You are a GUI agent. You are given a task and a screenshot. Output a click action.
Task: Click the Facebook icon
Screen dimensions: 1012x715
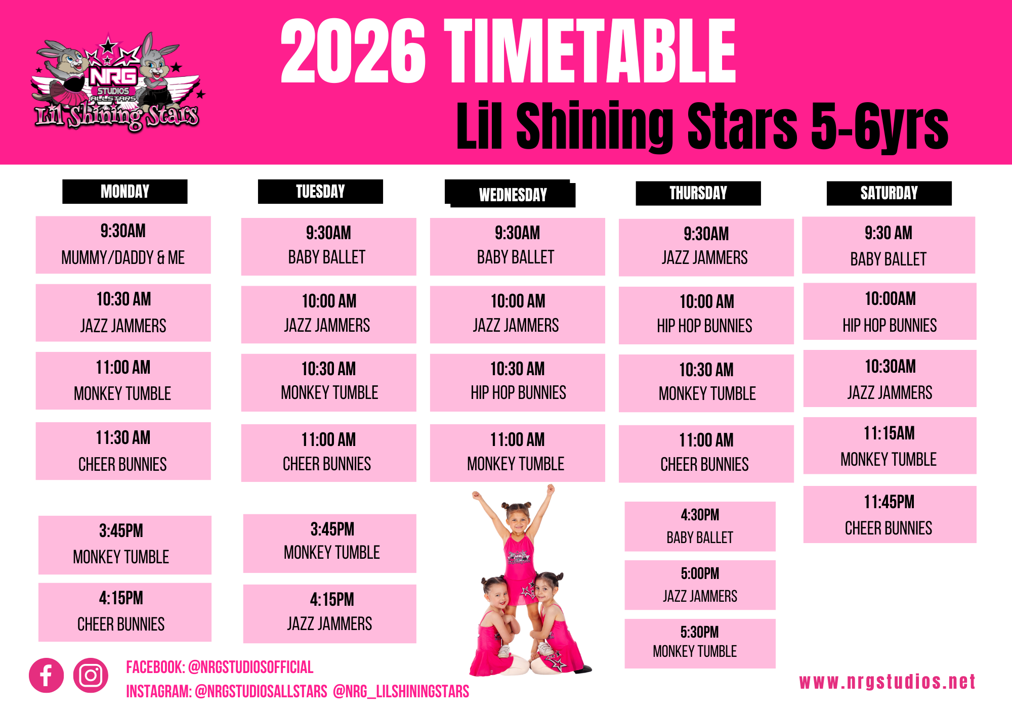click(46, 675)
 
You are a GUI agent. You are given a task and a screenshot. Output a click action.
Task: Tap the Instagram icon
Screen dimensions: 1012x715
click(91, 675)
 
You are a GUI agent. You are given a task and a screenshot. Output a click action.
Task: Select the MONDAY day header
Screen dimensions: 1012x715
click(125, 192)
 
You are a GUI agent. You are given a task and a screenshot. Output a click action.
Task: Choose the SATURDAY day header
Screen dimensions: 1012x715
click(889, 193)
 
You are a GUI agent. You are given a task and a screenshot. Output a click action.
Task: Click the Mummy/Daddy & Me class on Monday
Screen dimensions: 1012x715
click(123, 245)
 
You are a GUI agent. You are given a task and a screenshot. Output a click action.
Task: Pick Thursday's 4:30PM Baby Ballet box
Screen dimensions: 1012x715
click(700, 526)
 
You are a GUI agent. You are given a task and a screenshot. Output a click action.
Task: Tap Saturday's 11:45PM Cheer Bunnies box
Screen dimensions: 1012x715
click(890, 514)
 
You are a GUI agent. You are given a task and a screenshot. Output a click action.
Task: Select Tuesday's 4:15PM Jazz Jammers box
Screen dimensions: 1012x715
click(329, 614)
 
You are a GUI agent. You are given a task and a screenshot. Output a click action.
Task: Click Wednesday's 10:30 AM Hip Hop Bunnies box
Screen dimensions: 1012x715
click(517, 382)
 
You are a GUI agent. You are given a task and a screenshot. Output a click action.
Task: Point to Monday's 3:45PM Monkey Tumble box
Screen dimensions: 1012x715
click(124, 545)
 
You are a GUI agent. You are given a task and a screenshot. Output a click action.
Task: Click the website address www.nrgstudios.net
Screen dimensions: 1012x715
click(887, 682)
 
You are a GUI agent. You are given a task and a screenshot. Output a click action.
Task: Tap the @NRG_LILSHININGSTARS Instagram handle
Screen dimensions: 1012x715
click(401, 691)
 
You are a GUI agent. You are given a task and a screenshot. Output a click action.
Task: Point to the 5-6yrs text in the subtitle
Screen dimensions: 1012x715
click(879, 126)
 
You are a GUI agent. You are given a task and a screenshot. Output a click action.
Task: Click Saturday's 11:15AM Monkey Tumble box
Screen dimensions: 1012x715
click(890, 445)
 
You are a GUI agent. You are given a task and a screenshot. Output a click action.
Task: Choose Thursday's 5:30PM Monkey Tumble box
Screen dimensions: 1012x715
click(700, 644)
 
